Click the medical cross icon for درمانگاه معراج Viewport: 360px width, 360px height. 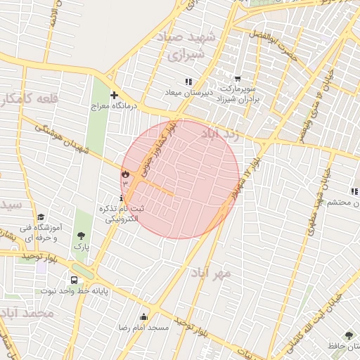click(114, 95)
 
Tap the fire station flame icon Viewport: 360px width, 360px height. click(125, 173)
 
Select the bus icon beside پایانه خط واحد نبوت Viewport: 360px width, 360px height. click(75, 280)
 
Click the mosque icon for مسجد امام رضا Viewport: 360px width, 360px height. click(144, 317)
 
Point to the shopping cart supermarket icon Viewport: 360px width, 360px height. click(238, 79)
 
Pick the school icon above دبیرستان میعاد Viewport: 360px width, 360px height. click(188, 82)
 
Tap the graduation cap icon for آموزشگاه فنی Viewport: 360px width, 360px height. click(41, 217)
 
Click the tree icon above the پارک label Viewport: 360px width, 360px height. click(82, 236)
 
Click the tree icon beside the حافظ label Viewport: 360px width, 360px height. click(349, 335)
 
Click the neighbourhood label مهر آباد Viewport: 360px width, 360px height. click(210, 272)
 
